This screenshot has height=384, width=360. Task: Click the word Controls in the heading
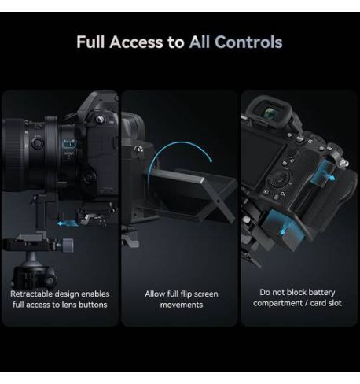pos(248,42)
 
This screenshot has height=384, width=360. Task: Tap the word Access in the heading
pos(136,42)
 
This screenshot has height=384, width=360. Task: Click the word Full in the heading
pos(90,42)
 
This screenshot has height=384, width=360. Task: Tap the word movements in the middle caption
pos(182,305)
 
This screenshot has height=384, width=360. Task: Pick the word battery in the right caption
pos(322,292)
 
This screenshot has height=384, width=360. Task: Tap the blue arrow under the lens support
pos(68,223)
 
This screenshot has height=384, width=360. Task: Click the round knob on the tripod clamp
pos(68,246)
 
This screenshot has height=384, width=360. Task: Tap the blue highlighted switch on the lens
pos(69,144)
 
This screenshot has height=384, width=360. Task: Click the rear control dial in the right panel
pos(280,179)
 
